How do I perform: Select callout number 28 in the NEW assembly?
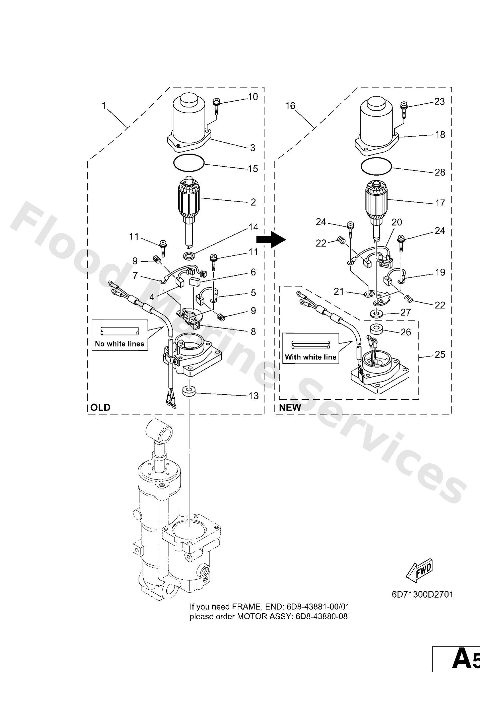[x=440, y=172]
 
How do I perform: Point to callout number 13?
[x=253, y=396]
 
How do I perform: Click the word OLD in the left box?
[x=100, y=408]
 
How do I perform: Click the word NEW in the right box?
[x=290, y=408]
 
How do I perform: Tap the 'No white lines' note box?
[x=120, y=335]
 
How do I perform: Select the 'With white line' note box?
[x=310, y=348]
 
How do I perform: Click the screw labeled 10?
[x=216, y=105]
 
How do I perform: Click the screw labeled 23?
[x=403, y=109]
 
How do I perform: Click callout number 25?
[x=440, y=354]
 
